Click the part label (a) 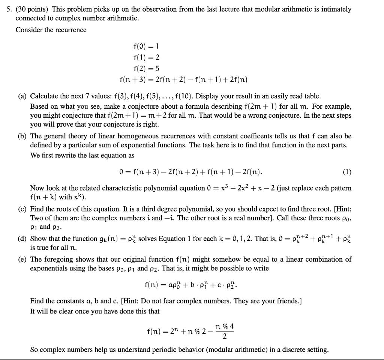coord(22,96)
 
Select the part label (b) coord(22,136)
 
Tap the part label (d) coord(22,239)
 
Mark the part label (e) coord(22,259)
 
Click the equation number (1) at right coord(347,172)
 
